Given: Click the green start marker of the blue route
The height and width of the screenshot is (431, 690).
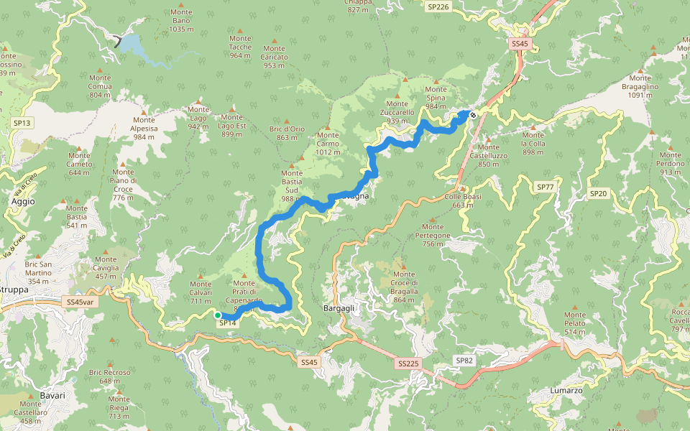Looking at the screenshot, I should pos(217,315).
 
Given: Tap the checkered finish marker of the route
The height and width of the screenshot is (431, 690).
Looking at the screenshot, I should pos(472,115).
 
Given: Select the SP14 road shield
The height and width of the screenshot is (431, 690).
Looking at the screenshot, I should pos(227,323).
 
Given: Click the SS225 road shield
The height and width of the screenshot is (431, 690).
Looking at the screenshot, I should pos(407,364).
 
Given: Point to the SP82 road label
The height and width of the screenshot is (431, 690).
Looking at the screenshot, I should pos(464,360).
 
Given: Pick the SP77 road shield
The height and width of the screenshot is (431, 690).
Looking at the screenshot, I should pos(546,187).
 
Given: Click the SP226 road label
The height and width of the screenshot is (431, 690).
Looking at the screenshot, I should pos(438,6).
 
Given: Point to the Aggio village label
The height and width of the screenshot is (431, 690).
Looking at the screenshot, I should pos(23,202).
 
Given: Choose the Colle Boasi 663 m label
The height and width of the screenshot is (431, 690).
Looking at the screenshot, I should pos(463,200).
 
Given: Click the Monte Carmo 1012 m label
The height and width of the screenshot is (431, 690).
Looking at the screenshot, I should pos(328,143).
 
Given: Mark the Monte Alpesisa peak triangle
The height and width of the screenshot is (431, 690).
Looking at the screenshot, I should pos(144,111).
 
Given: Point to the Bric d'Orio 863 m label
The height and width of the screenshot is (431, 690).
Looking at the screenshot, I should pos(287,133).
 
